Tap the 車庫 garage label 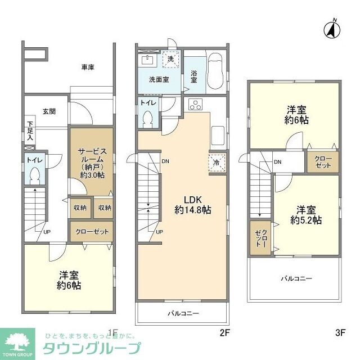pyautogui.click(x=87, y=67)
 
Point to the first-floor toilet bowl pyautogui.click(x=35, y=177)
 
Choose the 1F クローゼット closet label pyautogui.click(x=92, y=231)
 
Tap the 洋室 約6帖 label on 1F pyautogui.click(x=69, y=280)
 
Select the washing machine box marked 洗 pyautogui.click(x=170, y=58)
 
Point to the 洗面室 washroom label pyautogui.click(x=159, y=80)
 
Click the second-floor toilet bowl pyautogui.click(x=148, y=119)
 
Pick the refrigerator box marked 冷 pyautogui.click(x=217, y=163)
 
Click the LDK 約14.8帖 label pyautogui.click(x=192, y=204)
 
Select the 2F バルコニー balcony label pyautogui.click(x=183, y=313)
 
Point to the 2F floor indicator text pyautogui.click(x=224, y=332)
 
